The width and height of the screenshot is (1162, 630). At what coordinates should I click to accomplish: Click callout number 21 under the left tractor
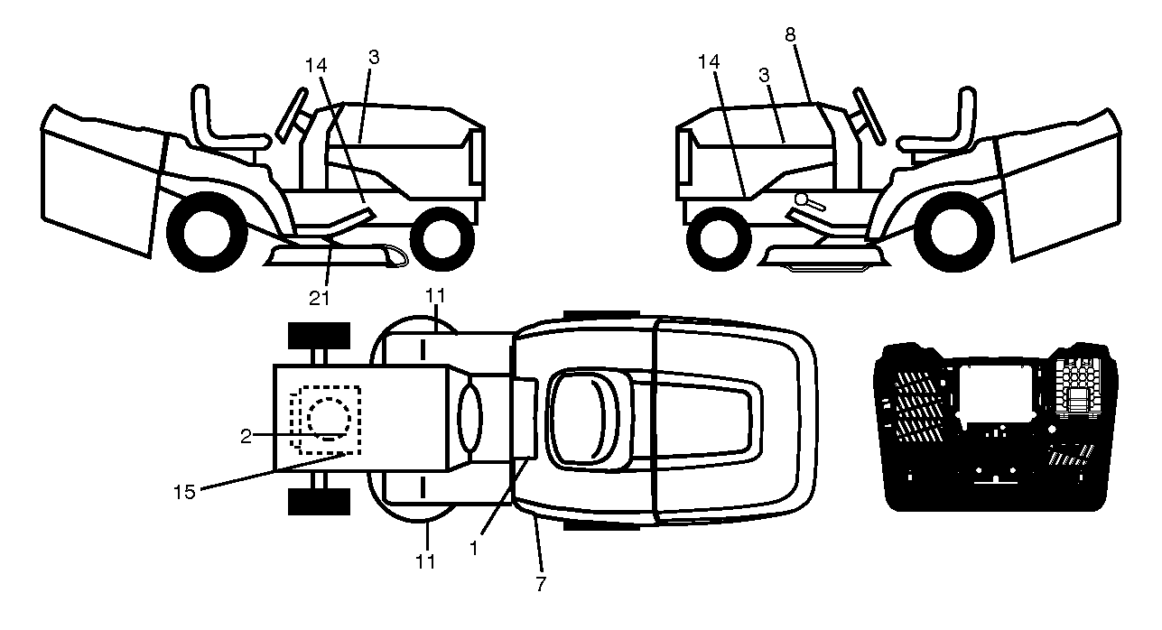pyautogui.click(x=319, y=298)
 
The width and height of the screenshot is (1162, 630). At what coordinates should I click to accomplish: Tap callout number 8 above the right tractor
pyautogui.click(x=789, y=34)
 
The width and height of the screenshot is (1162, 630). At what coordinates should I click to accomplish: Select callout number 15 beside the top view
pyautogui.click(x=184, y=492)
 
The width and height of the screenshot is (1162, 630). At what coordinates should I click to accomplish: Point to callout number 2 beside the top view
pyautogui.click(x=246, y=436)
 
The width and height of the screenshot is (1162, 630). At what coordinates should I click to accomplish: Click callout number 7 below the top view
pyautogui.click(x=541, y=584)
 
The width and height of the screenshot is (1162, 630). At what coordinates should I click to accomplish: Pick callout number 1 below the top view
pyautogui.click(x=473, y=548)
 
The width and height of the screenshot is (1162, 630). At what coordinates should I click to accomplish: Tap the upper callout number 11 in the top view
pyautogui.click(x=435, y=295)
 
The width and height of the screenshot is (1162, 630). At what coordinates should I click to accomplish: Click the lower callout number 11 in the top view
pyautogui.click(x=425, y=561)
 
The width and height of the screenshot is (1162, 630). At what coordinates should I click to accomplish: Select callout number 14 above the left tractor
pyautogui.click(x=316, y=65)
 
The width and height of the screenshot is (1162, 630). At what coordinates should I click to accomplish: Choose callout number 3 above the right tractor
pyautogui.click(x=764, y=75)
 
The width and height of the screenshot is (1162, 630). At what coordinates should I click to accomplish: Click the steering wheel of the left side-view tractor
pyautogui.click(x=292, y=116)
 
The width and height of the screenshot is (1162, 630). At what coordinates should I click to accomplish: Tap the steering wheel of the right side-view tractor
pyautogui.click(x=869, y=116)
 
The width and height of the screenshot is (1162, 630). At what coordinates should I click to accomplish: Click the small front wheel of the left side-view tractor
pyautogui.click(x=442, y=239)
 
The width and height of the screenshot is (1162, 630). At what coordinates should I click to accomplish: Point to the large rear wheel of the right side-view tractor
pyautogui.click(x=954, y=231)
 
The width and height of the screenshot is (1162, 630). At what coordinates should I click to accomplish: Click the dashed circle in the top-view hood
pyautogui.click(x=329, y=419)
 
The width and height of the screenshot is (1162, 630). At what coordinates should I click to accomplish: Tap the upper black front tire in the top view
pyautogui.click(x=319, y=336)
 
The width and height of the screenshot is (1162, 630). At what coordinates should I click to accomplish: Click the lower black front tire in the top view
pyautogui.click(x=319, y=502)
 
